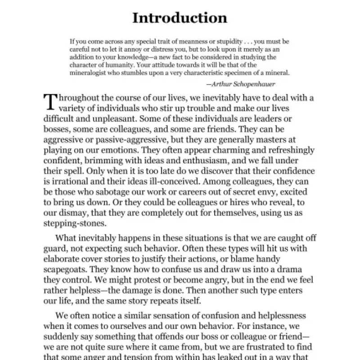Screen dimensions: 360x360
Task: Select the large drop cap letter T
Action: tap(50, 102)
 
